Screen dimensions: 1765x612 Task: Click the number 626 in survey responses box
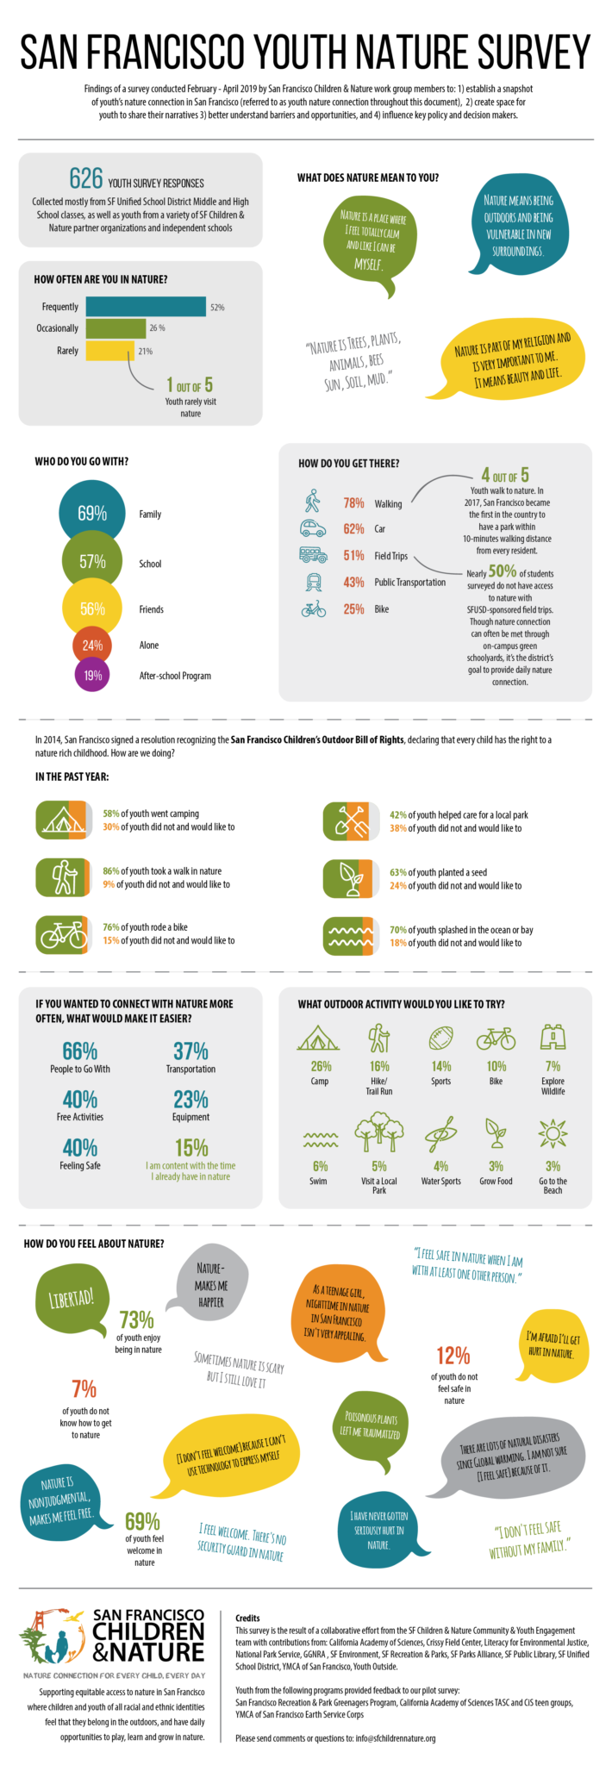[x=86, y=178]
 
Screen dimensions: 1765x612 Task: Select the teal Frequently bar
[x=146, y=307]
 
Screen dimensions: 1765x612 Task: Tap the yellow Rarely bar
[x=109, y=351]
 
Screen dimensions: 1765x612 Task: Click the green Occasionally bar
[x=116, y=328]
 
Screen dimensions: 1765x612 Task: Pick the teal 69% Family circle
[x=92, y=514]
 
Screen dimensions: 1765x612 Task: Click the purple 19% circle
[x=92, y=676]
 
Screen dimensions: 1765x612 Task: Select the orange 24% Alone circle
[x=92, y=645]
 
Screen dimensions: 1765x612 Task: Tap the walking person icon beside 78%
[x=312, y=502]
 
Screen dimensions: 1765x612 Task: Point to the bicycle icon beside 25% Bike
[x=313, y=609]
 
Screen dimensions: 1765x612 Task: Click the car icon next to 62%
[x=312, y=529]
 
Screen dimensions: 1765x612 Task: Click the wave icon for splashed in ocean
[x=348, y=937]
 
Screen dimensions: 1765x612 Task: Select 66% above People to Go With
[x=79, y=1051]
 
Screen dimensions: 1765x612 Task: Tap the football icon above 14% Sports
[x=440, y=1038]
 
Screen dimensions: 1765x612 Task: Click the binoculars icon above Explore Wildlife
[x=553, y=1038]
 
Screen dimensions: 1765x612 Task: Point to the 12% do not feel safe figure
[x=453, y=1356]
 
